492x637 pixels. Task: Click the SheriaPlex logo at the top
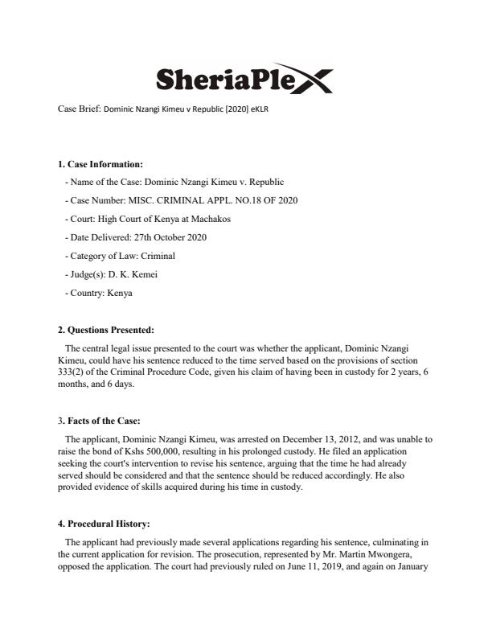(242, 79)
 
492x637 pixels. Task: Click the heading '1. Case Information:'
(100, 164)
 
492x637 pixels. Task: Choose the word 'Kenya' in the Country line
(119, 293)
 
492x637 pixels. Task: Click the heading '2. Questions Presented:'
(107, 330)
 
